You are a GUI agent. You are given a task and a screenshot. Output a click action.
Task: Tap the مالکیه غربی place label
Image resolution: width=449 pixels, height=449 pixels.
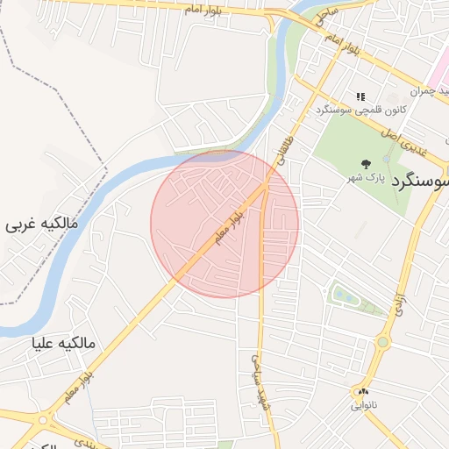click(x=43, y=224)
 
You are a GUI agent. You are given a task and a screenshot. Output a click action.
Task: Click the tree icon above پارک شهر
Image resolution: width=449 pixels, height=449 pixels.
click(x=366, y=164)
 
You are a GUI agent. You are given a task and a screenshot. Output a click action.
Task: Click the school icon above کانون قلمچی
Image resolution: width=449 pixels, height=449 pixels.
click(x=360, y=96)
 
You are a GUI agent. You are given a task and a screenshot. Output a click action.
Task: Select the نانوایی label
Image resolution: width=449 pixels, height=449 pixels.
click(x=364, y=406)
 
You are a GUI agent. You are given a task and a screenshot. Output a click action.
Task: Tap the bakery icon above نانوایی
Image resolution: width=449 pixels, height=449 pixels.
click(x=363, y=392)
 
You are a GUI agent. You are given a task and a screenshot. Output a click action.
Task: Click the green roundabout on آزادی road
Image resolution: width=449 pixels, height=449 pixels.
click(x=383, y=342)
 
